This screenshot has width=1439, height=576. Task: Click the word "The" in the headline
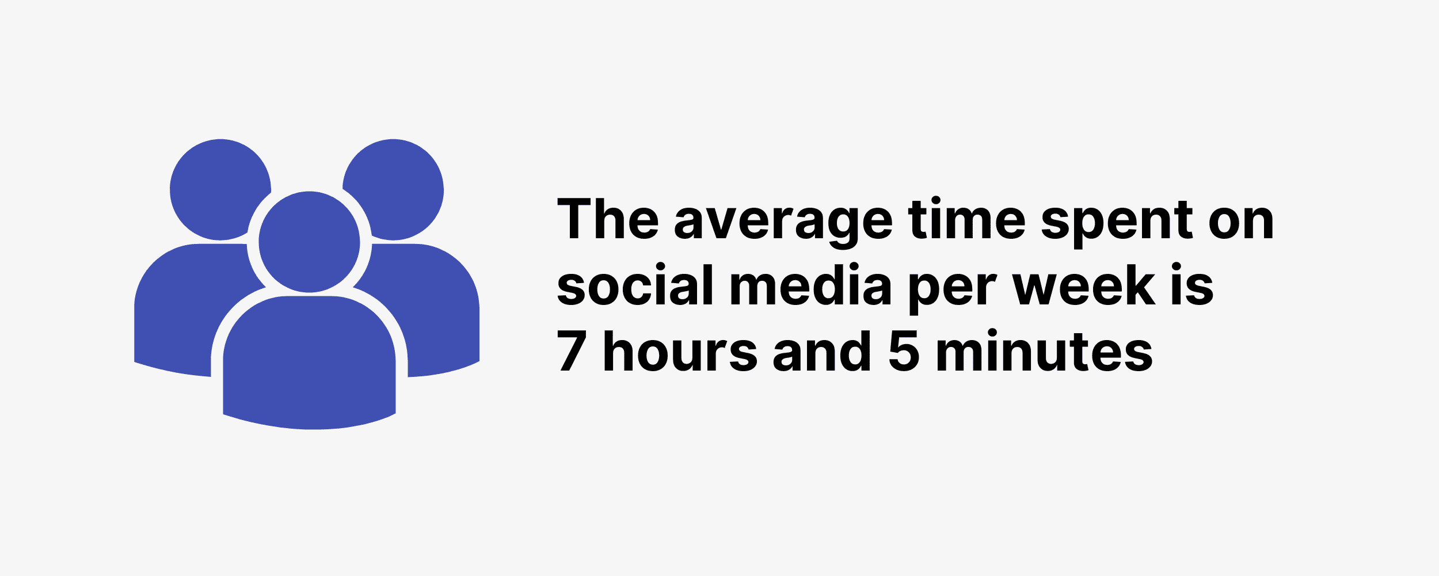(608, 219)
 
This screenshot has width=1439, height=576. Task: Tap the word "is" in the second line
(1192, 284)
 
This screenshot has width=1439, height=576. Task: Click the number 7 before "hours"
(572, 350)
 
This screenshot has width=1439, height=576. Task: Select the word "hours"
(680, 349)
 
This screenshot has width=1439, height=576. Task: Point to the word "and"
(822, 349)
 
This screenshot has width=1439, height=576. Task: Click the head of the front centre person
(310, 242)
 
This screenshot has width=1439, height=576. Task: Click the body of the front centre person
(310, 363)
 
